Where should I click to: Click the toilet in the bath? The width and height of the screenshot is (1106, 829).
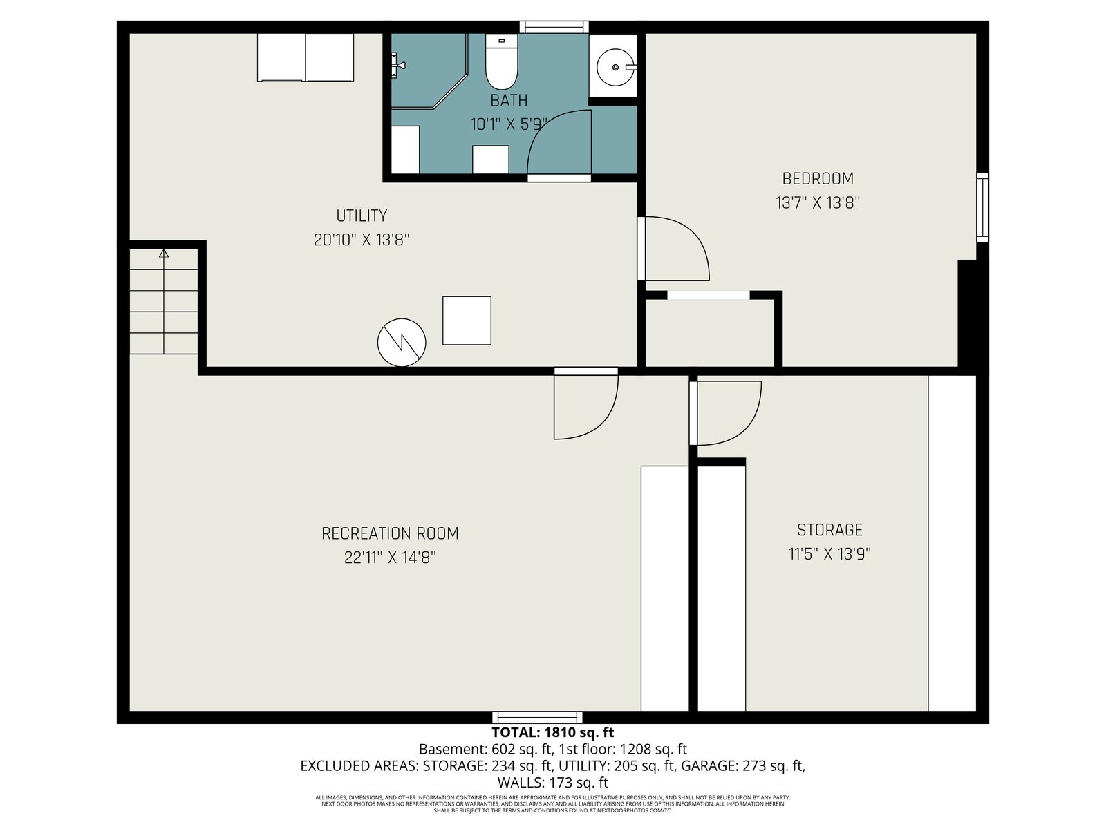(501, 61)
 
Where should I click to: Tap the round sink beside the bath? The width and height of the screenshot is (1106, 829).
(615, 67)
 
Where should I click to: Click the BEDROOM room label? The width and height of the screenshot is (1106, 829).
(817, 179)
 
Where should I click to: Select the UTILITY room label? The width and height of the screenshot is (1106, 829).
(362, 216)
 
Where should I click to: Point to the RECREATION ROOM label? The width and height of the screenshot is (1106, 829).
(390, 533)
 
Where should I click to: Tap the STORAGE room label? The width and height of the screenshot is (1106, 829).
(829, 529)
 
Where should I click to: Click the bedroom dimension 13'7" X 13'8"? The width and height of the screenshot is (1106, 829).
(817, 202)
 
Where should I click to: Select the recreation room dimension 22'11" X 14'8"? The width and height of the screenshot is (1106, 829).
(390, 558)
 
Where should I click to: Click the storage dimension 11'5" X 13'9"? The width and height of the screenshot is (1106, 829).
(829, 553)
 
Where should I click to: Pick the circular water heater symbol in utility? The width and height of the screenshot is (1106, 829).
(402, 342)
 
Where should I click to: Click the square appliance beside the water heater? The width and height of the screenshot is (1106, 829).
(467, 321)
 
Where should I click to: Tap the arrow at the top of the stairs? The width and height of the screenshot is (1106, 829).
(164, 253)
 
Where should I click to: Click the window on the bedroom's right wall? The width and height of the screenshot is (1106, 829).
(982, 207)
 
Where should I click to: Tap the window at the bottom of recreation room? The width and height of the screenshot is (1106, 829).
(537, 718)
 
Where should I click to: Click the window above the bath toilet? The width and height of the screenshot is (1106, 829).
(554, 27)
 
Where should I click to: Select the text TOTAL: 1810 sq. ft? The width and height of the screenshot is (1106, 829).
(553, 732)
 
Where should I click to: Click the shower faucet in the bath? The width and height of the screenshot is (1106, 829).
(398, 65)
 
